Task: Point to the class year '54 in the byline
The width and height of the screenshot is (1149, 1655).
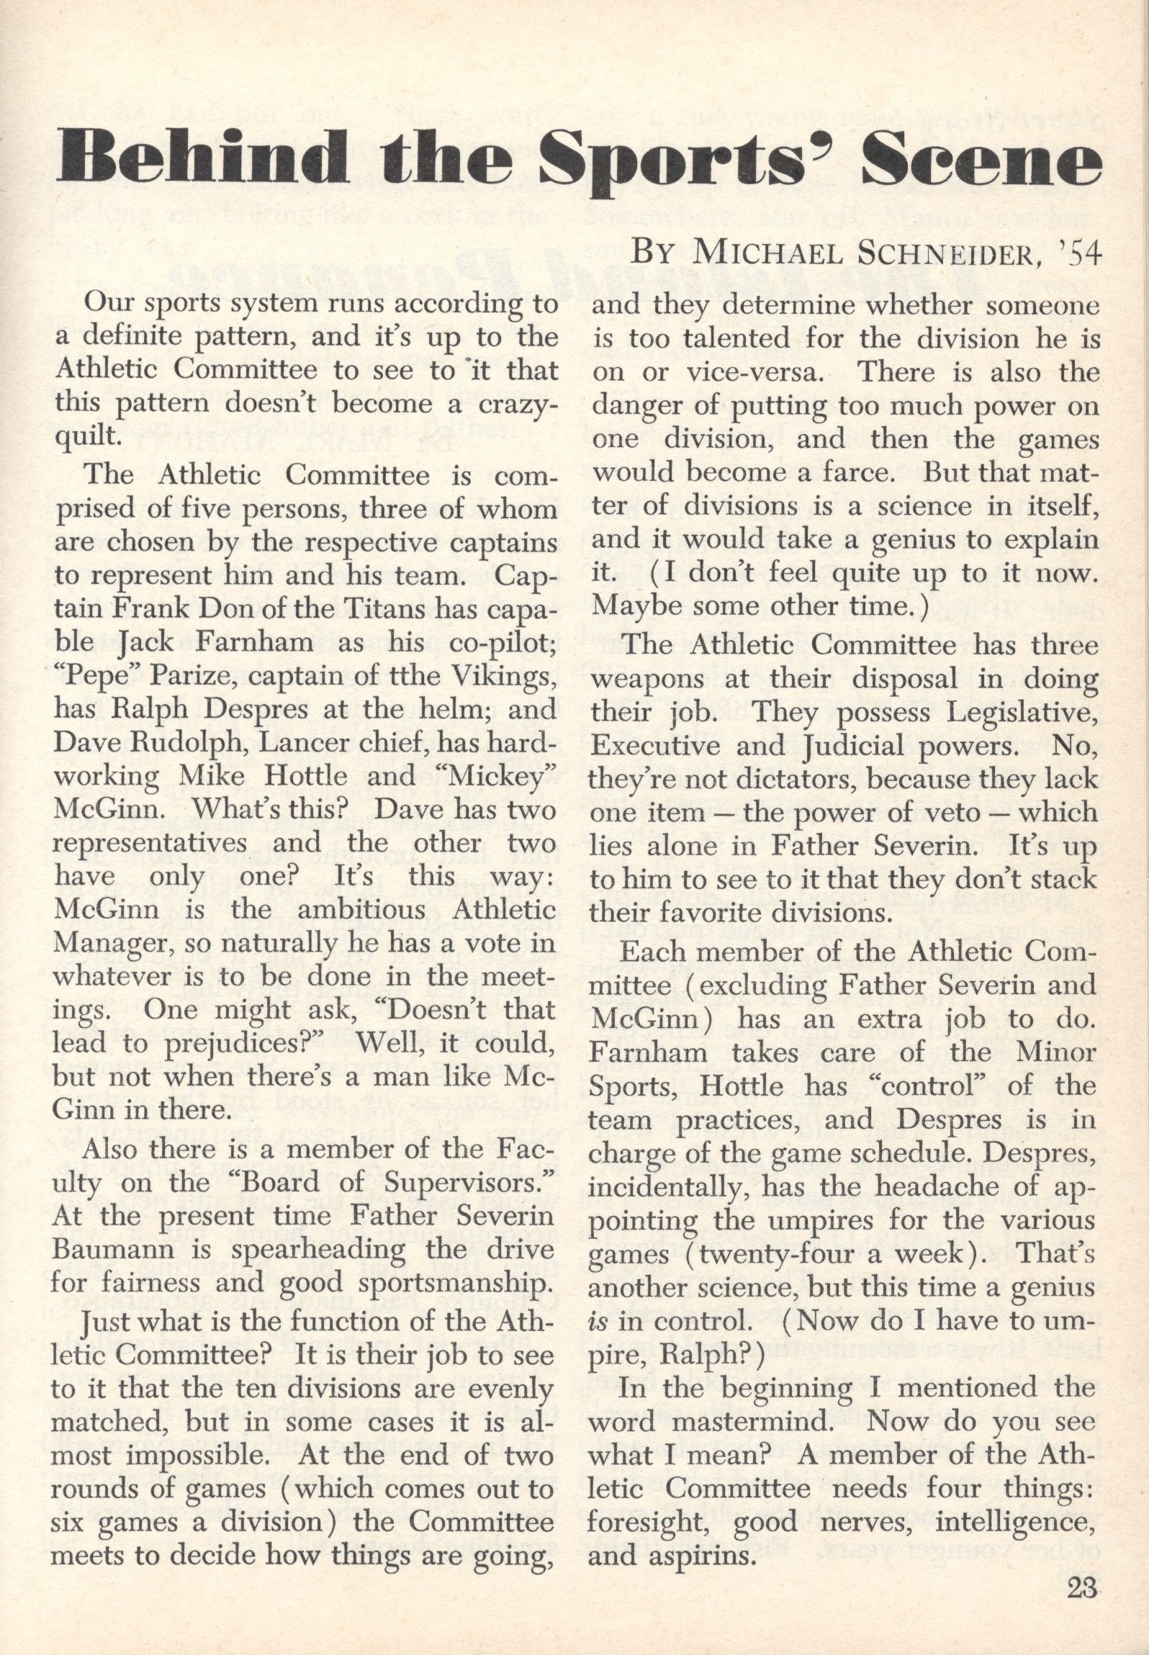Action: point(1083,254)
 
